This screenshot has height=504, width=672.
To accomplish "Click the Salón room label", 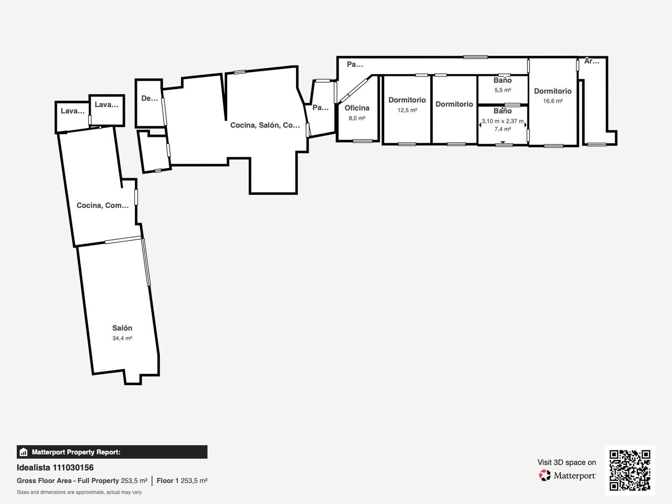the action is (x=122, y=328).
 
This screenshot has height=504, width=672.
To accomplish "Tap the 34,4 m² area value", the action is (x=122, y=338).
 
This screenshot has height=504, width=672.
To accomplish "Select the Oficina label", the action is (x=357, y=108).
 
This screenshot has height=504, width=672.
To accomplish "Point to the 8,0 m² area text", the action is (x=357, y=118).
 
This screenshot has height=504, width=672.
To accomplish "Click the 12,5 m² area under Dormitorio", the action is (x=407, y=110).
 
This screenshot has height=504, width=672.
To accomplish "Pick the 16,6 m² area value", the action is (x=552, y=101).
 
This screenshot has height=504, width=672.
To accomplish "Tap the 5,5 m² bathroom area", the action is (x=503, y=90).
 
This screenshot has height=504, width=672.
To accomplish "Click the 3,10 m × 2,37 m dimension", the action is (x=503, y=121).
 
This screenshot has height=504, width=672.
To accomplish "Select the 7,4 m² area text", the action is (x=503, y=129).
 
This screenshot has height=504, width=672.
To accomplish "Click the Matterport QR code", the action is (x=630, y=470).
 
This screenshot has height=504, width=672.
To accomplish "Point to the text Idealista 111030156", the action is (x=55, y=468).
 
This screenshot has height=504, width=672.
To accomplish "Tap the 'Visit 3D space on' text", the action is (x=567, y=462).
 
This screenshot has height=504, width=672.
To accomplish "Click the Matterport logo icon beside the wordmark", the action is (x=545, y=475).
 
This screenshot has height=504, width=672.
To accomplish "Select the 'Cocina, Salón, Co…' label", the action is (x=265, y=125).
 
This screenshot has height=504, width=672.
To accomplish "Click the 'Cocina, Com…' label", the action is (x=103, y=205).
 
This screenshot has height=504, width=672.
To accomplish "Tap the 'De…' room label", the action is (x=150, y=98).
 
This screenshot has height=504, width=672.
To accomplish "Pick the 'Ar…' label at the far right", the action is (x=592, y=61).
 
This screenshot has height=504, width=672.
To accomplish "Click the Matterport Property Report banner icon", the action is (x=24, y=452).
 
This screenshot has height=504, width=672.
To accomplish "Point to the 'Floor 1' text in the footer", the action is (x=168, y=481).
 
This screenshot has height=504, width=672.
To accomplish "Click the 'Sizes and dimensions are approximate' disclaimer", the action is (x=79, y=492).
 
